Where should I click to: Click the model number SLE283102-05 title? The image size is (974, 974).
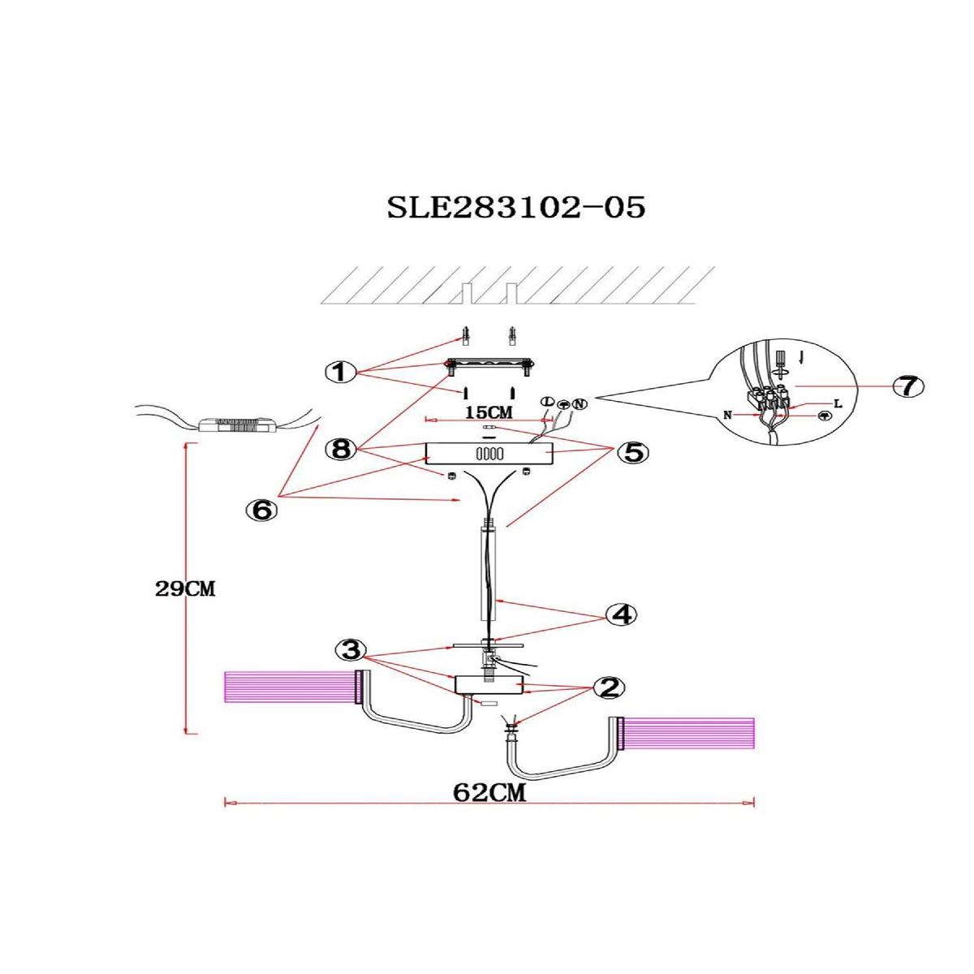click(x=516, y=208)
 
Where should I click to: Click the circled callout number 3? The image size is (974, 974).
click(x=350, y=650)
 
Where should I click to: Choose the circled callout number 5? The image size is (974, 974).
click(x=633, y=453)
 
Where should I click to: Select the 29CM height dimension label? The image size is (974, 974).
click(x=185, y=590)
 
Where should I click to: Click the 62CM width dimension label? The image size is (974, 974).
click(x=489, y=793)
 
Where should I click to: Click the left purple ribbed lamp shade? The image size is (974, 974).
click(x=288, y=687)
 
